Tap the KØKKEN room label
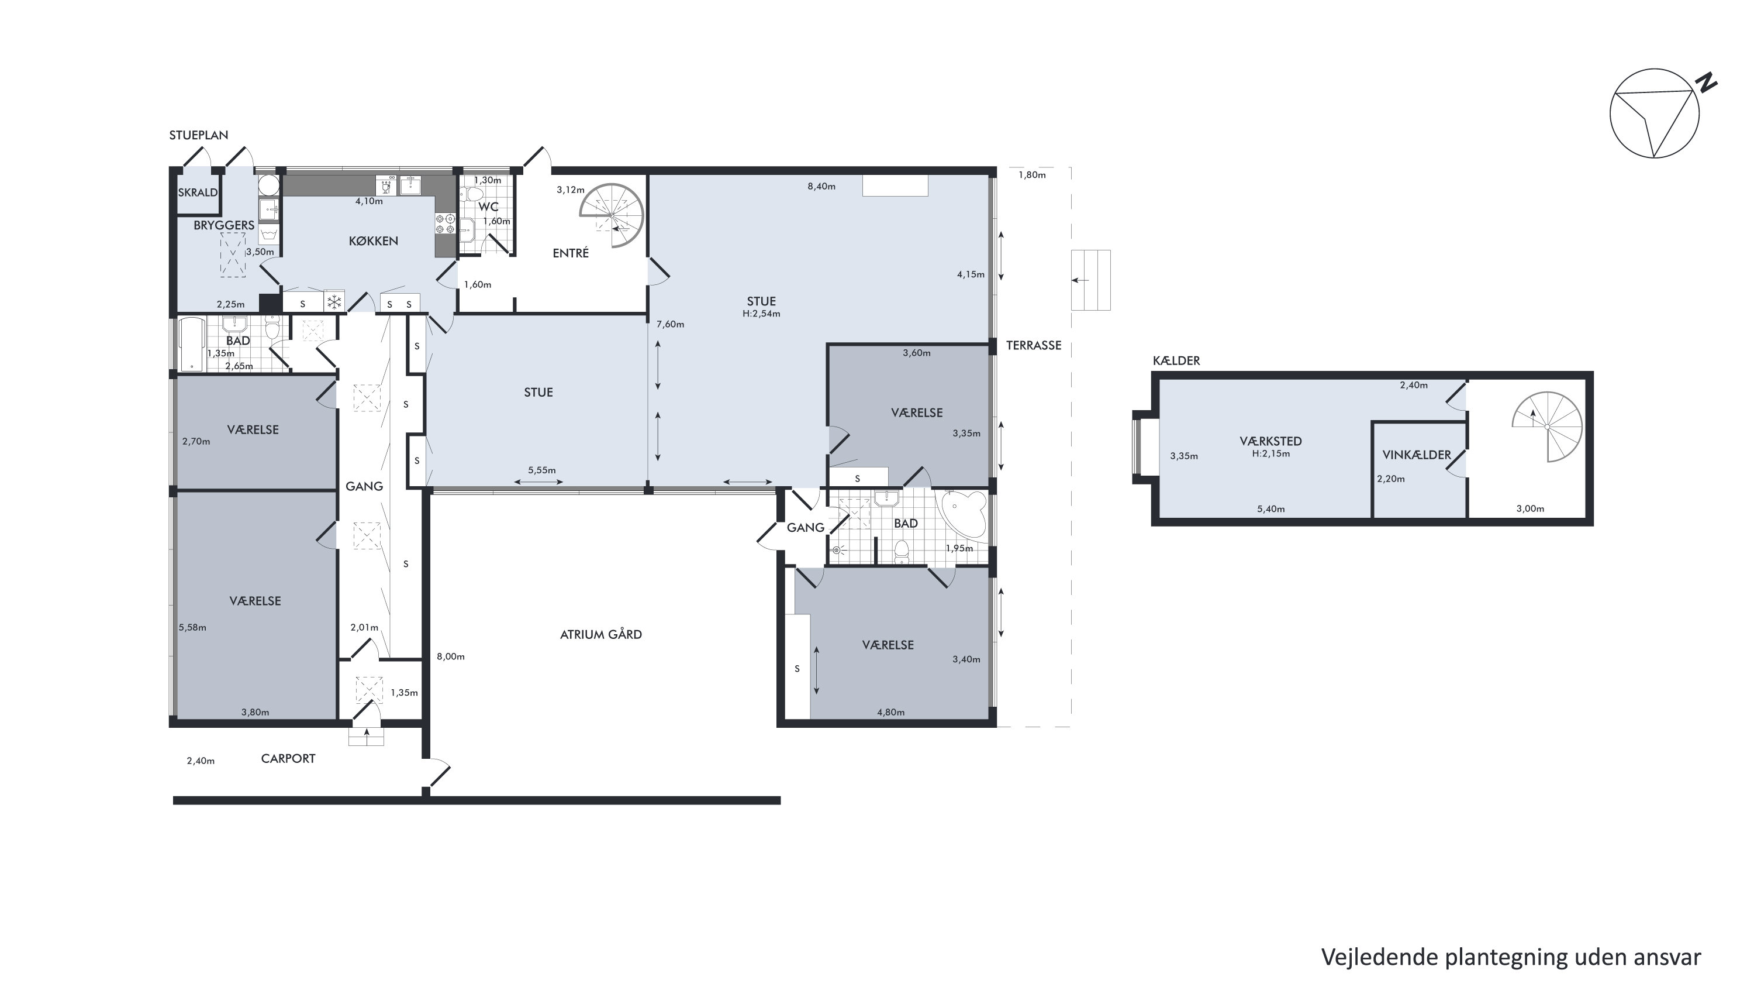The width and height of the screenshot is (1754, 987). (x=373, y=241)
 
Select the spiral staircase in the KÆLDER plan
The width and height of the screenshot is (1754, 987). (x=1547, y=427)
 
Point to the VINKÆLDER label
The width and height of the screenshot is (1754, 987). (x=1416, y=455)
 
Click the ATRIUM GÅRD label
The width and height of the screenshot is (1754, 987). (x=600, y=634)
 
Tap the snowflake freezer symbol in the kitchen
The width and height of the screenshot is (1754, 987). (x=334, y=302)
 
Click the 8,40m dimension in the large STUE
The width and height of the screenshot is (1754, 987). (x=821, y=186)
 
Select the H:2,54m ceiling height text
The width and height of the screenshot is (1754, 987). (x=761, y=314)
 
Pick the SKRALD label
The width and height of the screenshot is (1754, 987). (x=198, y=192)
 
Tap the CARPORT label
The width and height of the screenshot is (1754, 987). (x=288, y=759)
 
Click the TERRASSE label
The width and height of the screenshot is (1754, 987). (x=1034, y=345)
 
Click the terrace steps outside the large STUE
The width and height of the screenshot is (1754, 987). (x=1091, y=280)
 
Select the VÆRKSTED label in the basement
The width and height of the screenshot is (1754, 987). (x=1270, y=441)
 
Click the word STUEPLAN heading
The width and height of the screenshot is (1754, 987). (x=198, y=135)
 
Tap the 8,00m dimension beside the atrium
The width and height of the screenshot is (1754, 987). (x=451, y=656)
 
